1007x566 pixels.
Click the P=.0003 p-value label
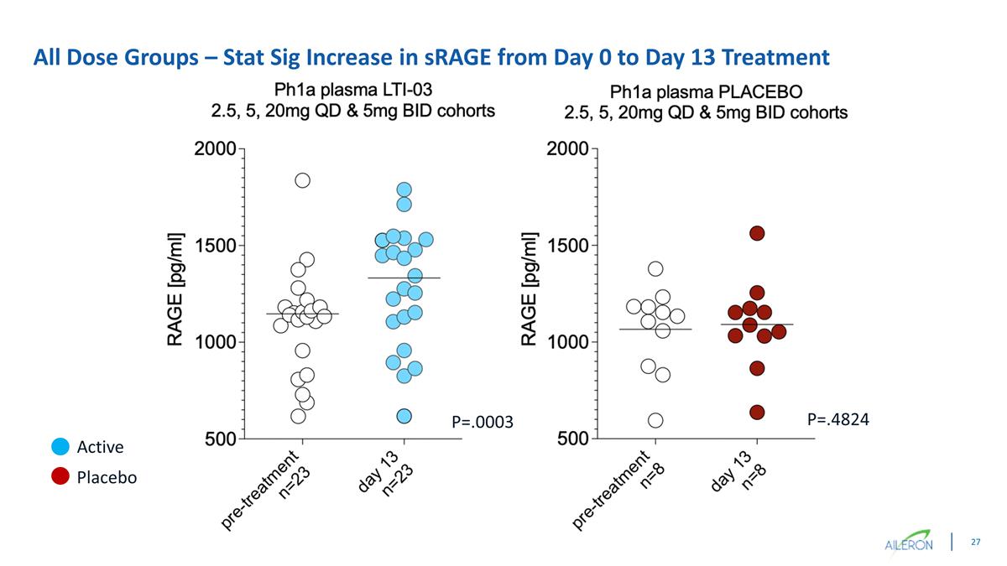(482, 421)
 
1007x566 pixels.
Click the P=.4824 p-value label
(837, 418)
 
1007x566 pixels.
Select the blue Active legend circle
(60, 447)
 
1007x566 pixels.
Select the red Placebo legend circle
(60, 477)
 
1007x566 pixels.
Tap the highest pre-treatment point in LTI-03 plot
(303, 180)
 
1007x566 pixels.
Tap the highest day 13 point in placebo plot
(757, 232)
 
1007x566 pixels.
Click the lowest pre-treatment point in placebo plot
(655, 419)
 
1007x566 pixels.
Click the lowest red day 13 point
(757, 412)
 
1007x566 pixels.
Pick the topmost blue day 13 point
(404, 190)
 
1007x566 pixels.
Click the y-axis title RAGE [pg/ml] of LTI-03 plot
(175, 289)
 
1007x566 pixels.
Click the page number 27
(975, 543)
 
